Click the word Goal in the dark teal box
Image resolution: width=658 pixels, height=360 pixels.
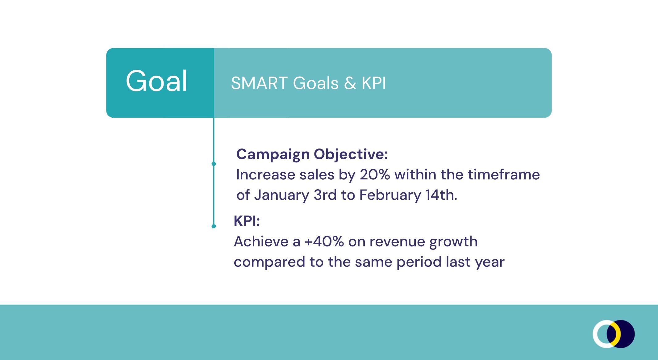[156, 81]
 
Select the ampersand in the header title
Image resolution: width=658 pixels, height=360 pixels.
[350, 83]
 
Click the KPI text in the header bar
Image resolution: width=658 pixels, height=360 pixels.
[374, 83]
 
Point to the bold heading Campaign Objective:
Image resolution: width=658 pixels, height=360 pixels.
[312, 154]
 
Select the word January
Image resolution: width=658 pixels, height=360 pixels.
[281, 195]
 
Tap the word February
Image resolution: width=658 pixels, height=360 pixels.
[390, 195]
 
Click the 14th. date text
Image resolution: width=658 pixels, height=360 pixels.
[441, 195]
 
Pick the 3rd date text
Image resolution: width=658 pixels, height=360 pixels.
[325, 195]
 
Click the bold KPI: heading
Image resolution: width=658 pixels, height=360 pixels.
[247, 221]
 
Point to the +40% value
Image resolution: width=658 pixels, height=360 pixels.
[324, 241]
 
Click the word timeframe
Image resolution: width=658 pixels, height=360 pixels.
[504, 174]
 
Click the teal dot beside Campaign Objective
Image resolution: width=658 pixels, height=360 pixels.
[214, 164]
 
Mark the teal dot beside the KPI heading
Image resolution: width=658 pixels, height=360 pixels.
[214, 226]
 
